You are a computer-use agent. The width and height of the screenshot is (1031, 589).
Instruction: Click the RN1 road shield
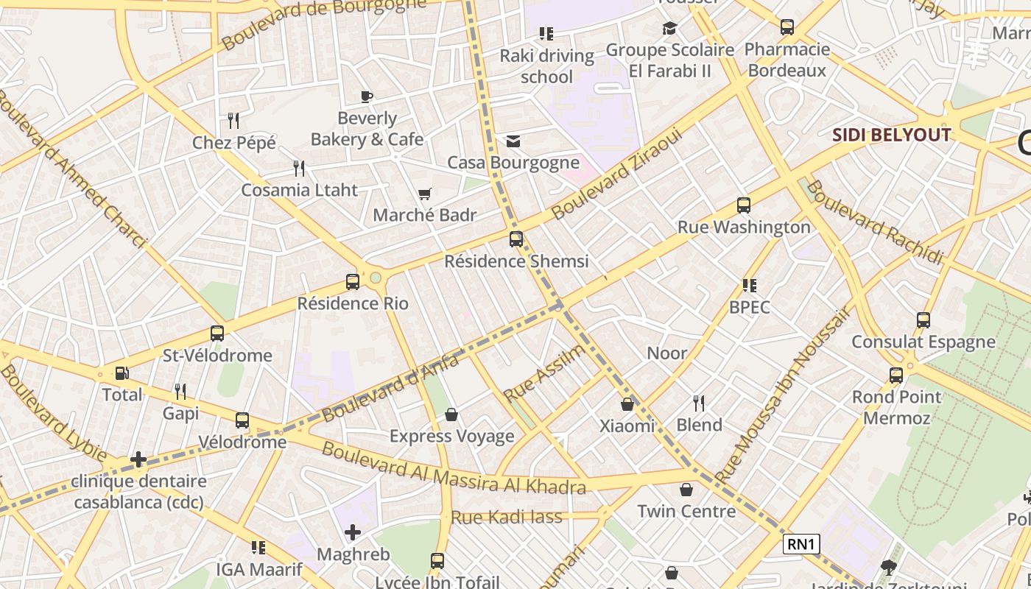800,544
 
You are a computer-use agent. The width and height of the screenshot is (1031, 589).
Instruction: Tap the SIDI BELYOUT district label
891,135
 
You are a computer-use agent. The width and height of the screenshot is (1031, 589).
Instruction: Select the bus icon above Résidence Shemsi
516,239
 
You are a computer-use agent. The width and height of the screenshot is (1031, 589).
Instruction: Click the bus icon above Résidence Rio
353,281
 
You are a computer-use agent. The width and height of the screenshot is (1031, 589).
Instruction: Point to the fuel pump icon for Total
122,373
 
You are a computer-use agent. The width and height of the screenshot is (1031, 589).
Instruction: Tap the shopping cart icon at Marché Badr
424,194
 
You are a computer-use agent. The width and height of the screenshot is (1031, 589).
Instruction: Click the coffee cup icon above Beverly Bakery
366,96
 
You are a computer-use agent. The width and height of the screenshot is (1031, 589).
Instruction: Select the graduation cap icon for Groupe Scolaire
669,28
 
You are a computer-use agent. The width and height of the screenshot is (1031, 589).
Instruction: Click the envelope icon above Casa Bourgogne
513,141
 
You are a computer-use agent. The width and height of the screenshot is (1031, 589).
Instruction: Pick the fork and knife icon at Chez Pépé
233,121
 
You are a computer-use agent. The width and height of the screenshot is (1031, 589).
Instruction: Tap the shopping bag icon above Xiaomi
627,404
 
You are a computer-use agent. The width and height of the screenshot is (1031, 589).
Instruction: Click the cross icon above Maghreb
353,532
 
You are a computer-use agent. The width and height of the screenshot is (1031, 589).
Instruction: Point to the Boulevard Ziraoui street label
618,173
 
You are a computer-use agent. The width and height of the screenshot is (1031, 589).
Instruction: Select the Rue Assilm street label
544,373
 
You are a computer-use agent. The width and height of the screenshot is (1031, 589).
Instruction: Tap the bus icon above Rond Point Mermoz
896,375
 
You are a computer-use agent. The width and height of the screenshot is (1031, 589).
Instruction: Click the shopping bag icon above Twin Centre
686,490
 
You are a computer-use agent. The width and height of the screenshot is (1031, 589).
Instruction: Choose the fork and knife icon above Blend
699,403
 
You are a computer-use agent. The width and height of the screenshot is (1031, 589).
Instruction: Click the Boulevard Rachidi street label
874,222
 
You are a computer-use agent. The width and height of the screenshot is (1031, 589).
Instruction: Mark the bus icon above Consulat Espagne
923,320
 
